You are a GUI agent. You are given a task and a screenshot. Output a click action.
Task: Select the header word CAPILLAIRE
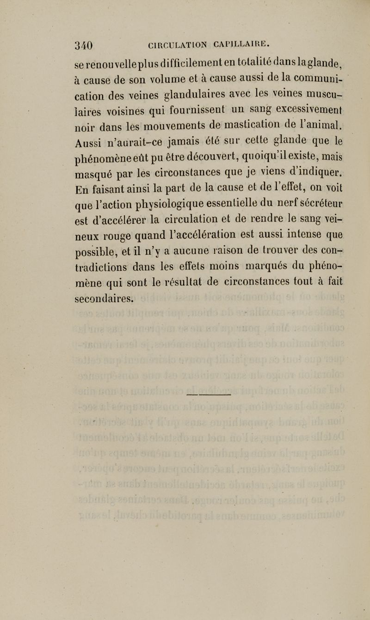pyautogui.click(x=240, y=44)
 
